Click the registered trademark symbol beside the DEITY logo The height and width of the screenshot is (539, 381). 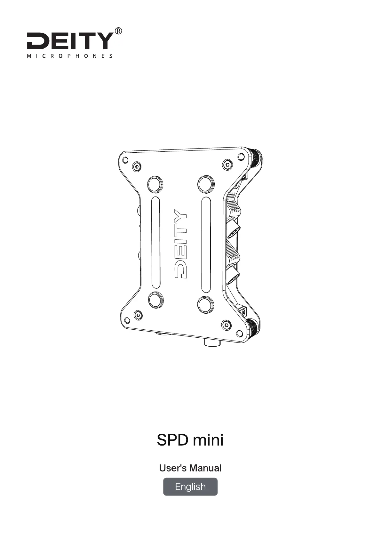tap(118, 31)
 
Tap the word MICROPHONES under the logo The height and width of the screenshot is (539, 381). tap(70, 56)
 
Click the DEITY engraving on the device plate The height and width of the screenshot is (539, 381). tap(180, 244)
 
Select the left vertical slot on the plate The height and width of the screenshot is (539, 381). tap(155, 243)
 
